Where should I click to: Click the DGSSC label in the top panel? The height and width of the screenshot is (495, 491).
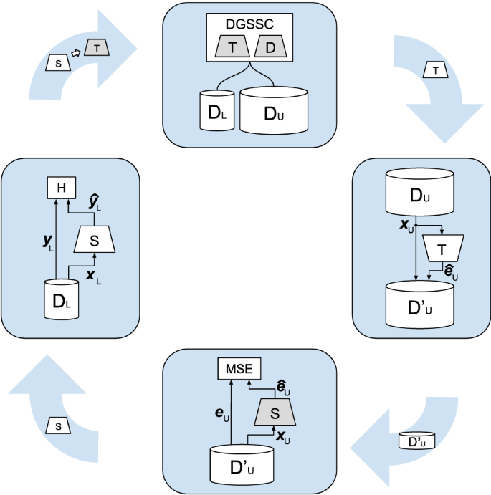(250, 24)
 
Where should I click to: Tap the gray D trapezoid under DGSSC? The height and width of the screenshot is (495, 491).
(270, 47)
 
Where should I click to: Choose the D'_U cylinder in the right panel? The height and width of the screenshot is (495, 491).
(420, 304)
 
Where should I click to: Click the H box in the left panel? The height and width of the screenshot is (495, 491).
(62, 188)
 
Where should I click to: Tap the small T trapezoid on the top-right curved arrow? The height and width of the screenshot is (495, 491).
(436, 69)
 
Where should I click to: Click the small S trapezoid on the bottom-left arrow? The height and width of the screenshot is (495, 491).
(58, 426)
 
